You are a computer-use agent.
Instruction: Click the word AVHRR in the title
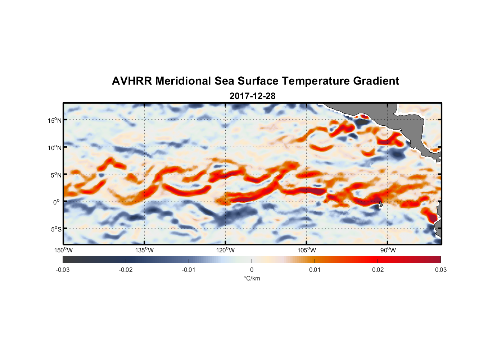pyautogui.click(x=132, y=81)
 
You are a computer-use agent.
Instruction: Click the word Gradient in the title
pyautogui.click(x=376, y=81)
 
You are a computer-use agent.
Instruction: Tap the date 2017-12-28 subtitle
pyautogui.click(x=252, y=96)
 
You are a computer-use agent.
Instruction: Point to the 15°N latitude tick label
pyautogui.click(x=55, y=120)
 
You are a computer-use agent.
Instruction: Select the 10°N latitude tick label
pyautogui.click(x=55, y=148)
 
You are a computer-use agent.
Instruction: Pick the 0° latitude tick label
pyautogui.click(x=57, y=202)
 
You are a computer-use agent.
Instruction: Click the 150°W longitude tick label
pyautogui.click(x=64, y=250)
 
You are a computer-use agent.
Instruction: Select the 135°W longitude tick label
pyautogui.click(x=145, y=250)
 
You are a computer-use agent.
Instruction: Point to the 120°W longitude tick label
pyautogui.click(x=226, y=250)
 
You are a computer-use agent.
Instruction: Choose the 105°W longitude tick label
pyautogui.click(x=307, y=250)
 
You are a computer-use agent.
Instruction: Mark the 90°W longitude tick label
pyautogui.click(x=388, y=250)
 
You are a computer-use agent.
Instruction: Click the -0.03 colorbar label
pyautogui.click(x=63, y=270)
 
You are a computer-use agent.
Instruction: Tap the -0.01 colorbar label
pyautogui.click(x=189, y=270)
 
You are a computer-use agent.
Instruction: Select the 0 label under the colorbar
pyautogui.click(x=252, y=270)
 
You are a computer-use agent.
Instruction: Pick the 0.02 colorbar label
pyautogui.click(x=378, y=270)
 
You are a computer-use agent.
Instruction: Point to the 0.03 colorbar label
pyautogui.click(x=440, y=270)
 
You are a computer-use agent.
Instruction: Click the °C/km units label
pyautogui.click(x=252, y=278)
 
